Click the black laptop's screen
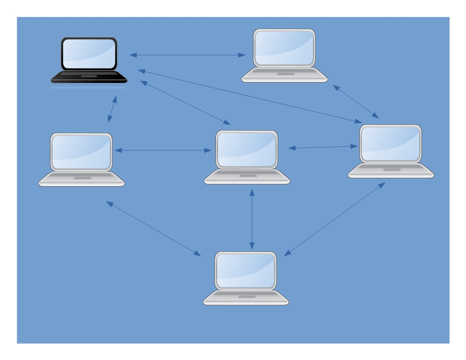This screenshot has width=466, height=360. click(89, 53)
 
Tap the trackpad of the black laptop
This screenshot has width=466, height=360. click(89, 77)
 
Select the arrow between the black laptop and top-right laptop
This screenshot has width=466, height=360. click(188, 55)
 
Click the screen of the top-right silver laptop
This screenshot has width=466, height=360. click(285, 48)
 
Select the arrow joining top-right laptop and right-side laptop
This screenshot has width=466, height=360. click(355, 101)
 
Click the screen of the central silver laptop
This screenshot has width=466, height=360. click(247, 149)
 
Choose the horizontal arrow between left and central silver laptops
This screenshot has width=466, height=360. click(163, 150)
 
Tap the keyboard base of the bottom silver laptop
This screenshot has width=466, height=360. click(246, 298)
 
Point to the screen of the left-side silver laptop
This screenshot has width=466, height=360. click(81, 151)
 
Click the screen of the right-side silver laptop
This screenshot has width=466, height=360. click(391, 143)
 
